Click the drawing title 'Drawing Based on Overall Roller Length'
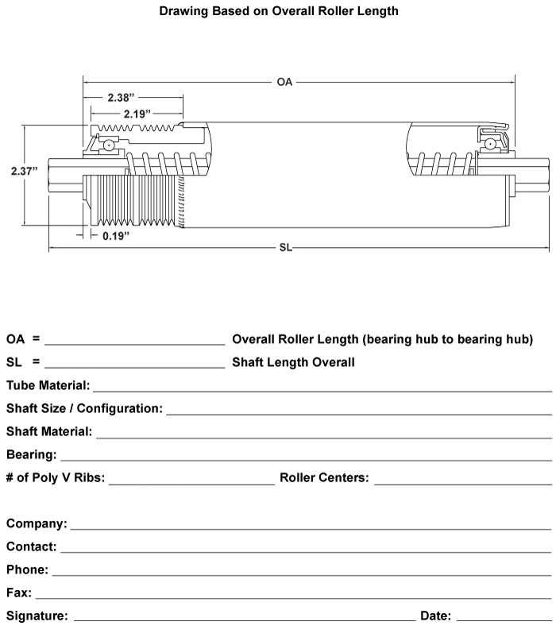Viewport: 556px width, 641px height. tap(279, 12)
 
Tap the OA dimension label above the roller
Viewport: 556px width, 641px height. tap(284, 82)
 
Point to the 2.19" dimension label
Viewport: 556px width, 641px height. tap(137, 114)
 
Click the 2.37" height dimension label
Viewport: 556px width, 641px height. tap(24, 171)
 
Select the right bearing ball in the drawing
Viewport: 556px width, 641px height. tap(492, 144)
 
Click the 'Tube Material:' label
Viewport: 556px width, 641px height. tap(48, 386)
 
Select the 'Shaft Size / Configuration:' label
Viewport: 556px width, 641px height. tap(84, 409)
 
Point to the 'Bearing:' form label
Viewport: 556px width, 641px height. tap(32, 455)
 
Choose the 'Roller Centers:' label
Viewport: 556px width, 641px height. tap(324, 478)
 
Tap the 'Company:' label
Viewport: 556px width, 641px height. tap(37, 524)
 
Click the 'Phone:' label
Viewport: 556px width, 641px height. tap(28, 570)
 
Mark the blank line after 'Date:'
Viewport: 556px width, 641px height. tap(504, 620)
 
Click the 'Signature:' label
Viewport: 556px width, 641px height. tap(37, 616)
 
